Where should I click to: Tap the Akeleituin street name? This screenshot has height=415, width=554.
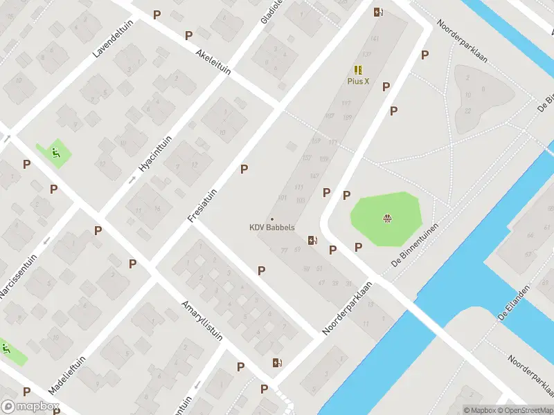[x=213, y=62]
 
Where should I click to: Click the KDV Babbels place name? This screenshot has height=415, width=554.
[x=272, y=228]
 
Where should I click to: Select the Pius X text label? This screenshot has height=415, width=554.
[x=358, y=81]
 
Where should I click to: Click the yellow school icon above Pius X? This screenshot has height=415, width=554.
[x=358, y=70]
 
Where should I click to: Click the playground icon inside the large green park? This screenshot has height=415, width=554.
[x=387, y=219]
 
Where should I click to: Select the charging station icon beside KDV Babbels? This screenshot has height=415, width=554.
[x=313, y=241]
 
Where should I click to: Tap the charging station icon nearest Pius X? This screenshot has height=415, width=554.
[x=378, y=12]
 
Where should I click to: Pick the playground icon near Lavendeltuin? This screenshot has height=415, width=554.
[x=57, y=153]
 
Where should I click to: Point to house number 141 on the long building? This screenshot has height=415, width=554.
[x=375, y=39]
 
